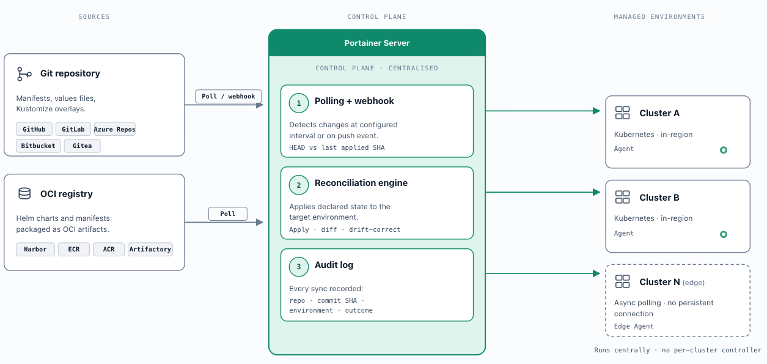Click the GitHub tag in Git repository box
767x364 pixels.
point(34,129)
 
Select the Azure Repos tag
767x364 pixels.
point(115,129)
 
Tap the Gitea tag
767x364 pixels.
point(82,146)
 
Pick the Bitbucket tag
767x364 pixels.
point(39,146)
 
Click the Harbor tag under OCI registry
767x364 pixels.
point(35,249)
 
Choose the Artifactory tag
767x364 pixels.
point(150,249)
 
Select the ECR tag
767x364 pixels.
point(74,249)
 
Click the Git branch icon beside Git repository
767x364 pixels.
point(24,74)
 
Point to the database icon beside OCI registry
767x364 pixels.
point(24,194)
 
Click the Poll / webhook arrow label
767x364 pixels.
point(229,96)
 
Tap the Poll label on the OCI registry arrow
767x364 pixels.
point(228,214)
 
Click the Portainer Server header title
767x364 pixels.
point(377,43)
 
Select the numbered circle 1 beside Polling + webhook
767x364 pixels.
point(299,103)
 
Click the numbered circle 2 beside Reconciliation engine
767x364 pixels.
point(299,185)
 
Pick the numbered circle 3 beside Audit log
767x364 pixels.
point(299,267)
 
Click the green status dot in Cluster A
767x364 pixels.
point(724,150)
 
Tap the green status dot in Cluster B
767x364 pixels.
point(724,234)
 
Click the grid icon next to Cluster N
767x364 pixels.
point(623,281)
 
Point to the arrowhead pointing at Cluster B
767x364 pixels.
point(596,192)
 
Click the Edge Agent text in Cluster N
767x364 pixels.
point(634,326)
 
